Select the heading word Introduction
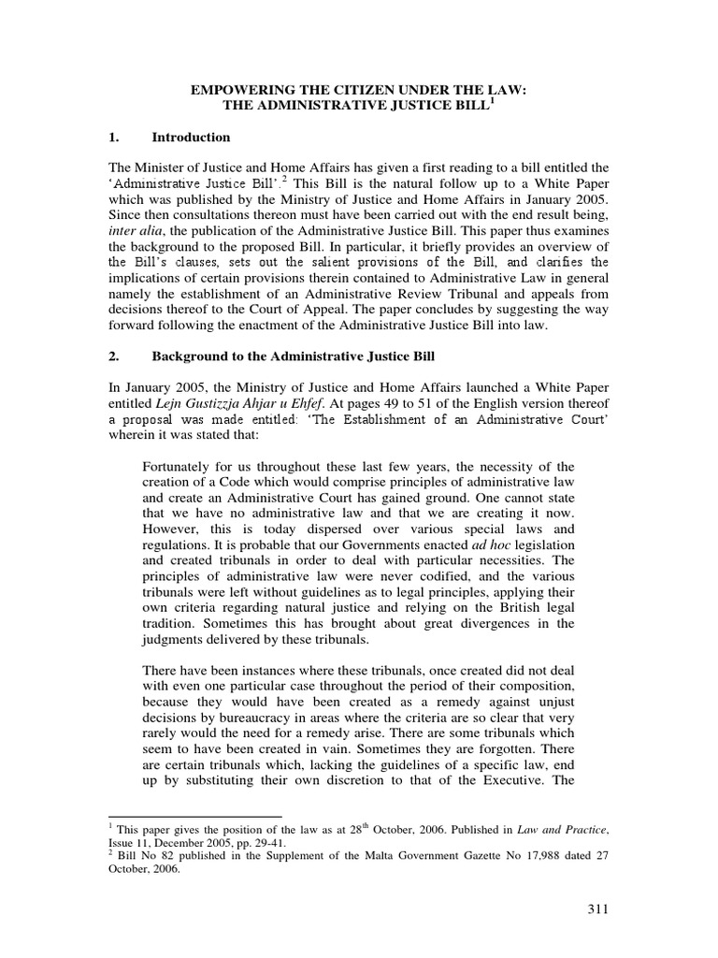(191, 138)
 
